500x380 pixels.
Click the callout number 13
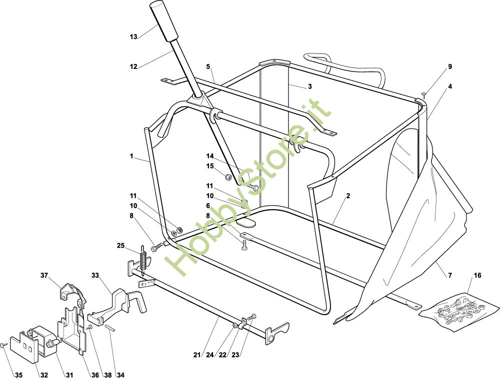133,36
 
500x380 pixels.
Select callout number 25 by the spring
120,246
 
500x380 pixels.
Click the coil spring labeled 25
143,260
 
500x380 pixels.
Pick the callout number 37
44,275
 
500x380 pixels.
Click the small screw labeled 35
3,345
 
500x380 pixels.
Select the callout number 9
449,66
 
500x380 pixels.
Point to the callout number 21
197,355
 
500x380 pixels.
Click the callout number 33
95,275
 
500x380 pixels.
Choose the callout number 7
449,275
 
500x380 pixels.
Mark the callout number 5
208,66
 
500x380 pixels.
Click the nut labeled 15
226,176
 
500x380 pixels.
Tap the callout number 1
131,156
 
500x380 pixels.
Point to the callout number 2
347,196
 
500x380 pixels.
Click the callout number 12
133,66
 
